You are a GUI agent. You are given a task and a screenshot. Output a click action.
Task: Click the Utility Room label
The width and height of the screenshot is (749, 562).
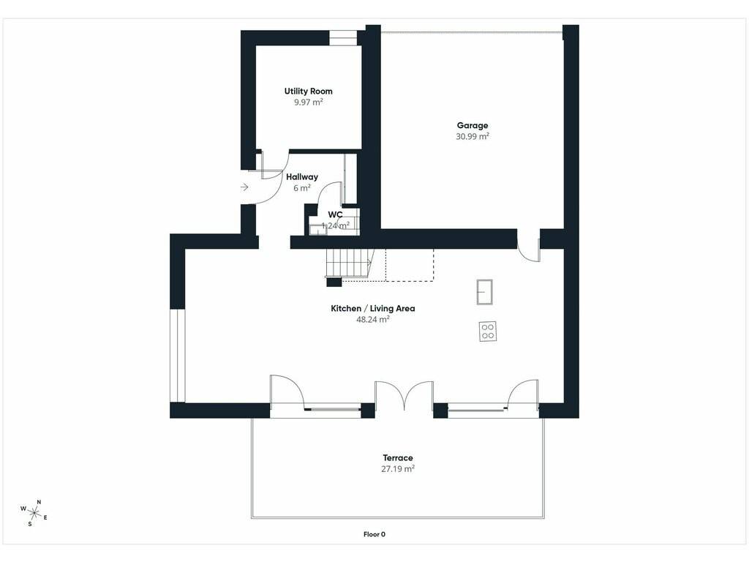[x=308, y=91]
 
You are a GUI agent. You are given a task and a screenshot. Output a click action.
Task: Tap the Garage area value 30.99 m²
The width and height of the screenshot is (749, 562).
[x=473, y=136]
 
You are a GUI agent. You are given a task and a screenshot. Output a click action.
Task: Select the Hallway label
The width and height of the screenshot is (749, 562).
[x=302, y=177]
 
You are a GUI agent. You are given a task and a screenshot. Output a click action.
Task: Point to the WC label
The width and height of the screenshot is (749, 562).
[x=335, y=214]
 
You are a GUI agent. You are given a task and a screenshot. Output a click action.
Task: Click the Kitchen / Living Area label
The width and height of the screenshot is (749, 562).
[x=373, y=309]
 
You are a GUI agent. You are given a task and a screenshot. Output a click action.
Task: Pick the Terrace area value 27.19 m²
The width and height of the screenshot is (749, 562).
[x=398, y=469]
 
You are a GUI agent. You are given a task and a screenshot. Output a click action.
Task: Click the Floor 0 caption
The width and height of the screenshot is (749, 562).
[x=374, y=534]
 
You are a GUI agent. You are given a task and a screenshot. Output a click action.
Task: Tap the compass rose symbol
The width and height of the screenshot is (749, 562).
[x=34, y=513]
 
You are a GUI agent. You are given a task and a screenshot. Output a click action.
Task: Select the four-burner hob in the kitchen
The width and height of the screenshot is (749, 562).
[x=488, y=331]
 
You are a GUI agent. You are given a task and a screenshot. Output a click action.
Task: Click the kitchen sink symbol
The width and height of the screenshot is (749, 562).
[x=484, y=291]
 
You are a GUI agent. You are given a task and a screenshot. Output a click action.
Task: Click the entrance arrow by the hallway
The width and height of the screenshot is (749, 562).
[x=244, y=187]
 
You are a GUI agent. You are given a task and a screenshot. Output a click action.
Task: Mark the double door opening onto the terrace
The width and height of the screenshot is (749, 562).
[x=404, y=396]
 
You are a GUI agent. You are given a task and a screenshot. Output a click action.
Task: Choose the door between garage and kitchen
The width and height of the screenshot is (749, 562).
[x=529, y=250]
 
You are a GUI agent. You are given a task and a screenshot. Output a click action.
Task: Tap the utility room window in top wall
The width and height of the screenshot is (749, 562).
[x=343, y=38]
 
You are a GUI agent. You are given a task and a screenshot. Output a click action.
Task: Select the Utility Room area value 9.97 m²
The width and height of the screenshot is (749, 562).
[x=309, y=102]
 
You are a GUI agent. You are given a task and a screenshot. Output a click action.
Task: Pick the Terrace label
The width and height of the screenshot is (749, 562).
[x=398, y=458]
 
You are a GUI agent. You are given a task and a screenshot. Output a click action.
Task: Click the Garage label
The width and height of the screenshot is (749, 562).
[x=473, y=125]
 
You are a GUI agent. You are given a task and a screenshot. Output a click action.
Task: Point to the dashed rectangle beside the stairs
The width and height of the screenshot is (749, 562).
[x=410, y=265]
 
